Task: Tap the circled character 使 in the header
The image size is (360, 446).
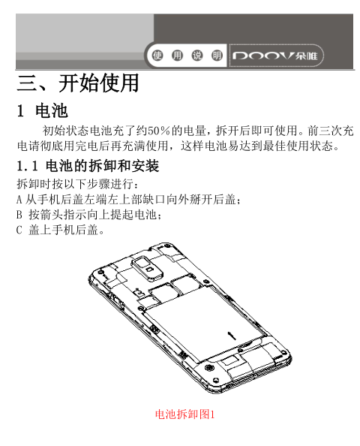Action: point(157,55)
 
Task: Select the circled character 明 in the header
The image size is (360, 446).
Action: point(217,55)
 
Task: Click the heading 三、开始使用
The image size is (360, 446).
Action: point(78,83)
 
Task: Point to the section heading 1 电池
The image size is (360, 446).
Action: point(42,110)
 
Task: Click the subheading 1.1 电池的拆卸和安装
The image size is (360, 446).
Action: point(88,166)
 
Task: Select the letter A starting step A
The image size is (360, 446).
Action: point(19,200)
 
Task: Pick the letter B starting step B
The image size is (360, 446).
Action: point(19,215)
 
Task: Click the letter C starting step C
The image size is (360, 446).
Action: point(19,230)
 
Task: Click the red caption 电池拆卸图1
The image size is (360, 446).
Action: point(184,414)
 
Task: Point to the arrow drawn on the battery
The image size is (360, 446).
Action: point(232,336)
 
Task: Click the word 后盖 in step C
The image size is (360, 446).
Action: point(86,230)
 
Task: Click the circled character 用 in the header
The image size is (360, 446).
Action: point(177,55)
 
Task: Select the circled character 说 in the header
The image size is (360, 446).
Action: point(197,55)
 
